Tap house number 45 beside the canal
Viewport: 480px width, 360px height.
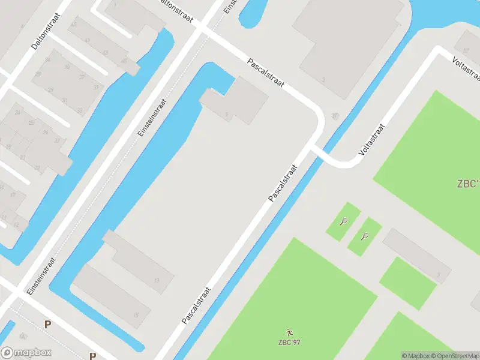coord(124,61)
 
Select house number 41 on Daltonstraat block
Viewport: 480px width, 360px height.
coord(87,40)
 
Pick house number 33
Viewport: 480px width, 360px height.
coord(79,110)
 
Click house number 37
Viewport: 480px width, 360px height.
coord(82,77)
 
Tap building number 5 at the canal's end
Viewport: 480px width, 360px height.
coord(226,115)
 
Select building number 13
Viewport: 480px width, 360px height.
coord(157,280)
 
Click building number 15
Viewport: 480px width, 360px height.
coord(136,314)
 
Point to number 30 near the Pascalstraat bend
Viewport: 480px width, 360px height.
coord(334,116)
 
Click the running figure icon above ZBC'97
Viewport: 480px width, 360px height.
coord(290,332)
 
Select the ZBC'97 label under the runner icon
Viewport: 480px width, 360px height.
coord(289,343)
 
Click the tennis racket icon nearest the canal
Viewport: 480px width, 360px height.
coord(343,221)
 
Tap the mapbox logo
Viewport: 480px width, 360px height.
coord(26,353)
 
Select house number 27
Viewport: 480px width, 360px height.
coord(57,140)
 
